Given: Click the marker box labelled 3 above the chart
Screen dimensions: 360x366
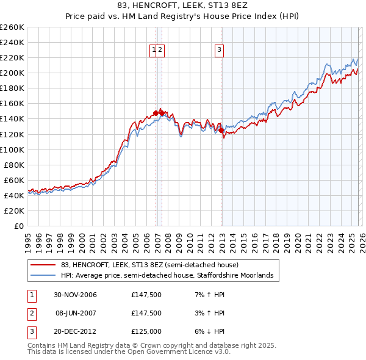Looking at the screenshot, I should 219,51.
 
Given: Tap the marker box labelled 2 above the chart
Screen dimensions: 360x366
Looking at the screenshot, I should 160,51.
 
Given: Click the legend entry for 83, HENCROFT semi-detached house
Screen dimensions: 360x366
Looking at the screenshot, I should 153,265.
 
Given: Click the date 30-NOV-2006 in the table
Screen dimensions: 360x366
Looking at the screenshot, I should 75,295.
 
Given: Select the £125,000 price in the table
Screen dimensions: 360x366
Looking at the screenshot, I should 146,331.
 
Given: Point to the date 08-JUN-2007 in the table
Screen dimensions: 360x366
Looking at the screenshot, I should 75,313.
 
